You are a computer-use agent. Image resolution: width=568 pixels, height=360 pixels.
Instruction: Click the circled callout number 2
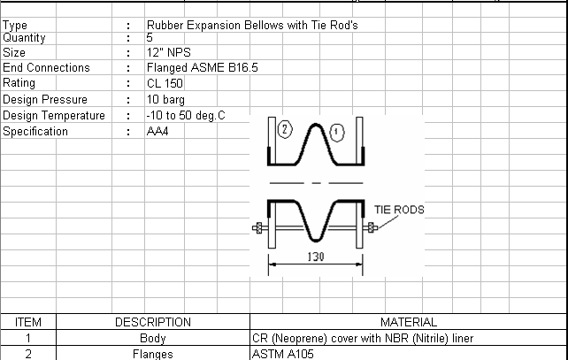285,129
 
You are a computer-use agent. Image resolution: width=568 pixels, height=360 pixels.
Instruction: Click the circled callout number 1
337,132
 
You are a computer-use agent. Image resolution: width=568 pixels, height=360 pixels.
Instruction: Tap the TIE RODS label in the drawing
399,210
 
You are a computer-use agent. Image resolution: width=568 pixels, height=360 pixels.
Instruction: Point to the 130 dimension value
316,257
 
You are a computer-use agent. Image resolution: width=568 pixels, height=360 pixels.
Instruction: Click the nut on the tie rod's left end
258,228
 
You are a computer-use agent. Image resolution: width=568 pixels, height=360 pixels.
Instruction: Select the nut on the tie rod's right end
371,228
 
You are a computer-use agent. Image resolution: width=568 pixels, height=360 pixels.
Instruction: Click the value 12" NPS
168,52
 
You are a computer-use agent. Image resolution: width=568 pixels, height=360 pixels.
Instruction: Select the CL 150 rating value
165,84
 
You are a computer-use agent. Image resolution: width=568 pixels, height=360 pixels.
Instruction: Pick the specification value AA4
157,131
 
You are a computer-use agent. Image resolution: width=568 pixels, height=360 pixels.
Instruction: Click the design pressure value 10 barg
165,100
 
